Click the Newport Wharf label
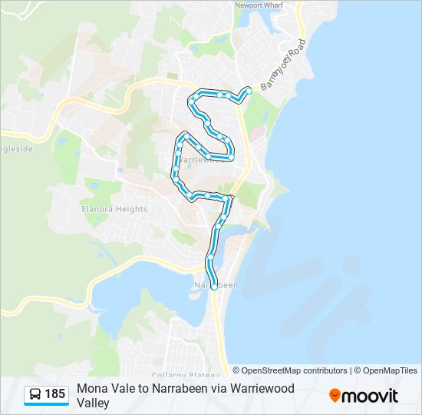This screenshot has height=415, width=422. [x=260, y=5]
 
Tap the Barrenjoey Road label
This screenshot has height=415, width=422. [x=283, y=63]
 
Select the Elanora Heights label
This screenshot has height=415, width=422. [x=114, y=209]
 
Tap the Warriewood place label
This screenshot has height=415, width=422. [x=204, y=160]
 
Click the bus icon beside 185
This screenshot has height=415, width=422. [x=35, y=394]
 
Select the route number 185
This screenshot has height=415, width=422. [x=55, y=394]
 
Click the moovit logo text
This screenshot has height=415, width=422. [x=371, y=396]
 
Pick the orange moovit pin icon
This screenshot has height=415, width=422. [x=335, y=395]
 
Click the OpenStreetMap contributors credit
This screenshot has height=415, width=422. [x=290, y=370]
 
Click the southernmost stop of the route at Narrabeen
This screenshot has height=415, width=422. [x=214, y=286]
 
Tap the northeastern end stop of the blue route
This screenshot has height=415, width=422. [x=249, y=90]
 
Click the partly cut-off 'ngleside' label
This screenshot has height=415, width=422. [x=16, y=148]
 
